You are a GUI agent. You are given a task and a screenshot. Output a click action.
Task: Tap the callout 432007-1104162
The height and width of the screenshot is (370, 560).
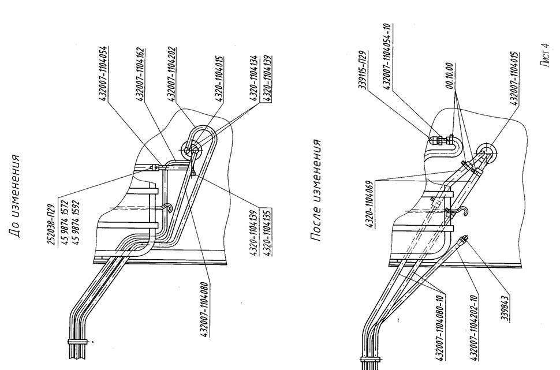[x=141, y=73]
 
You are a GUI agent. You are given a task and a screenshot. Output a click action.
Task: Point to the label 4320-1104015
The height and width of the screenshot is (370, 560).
[x=220, y=79]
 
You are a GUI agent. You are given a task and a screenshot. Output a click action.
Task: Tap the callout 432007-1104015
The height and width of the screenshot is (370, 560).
[x=513, y=71]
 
